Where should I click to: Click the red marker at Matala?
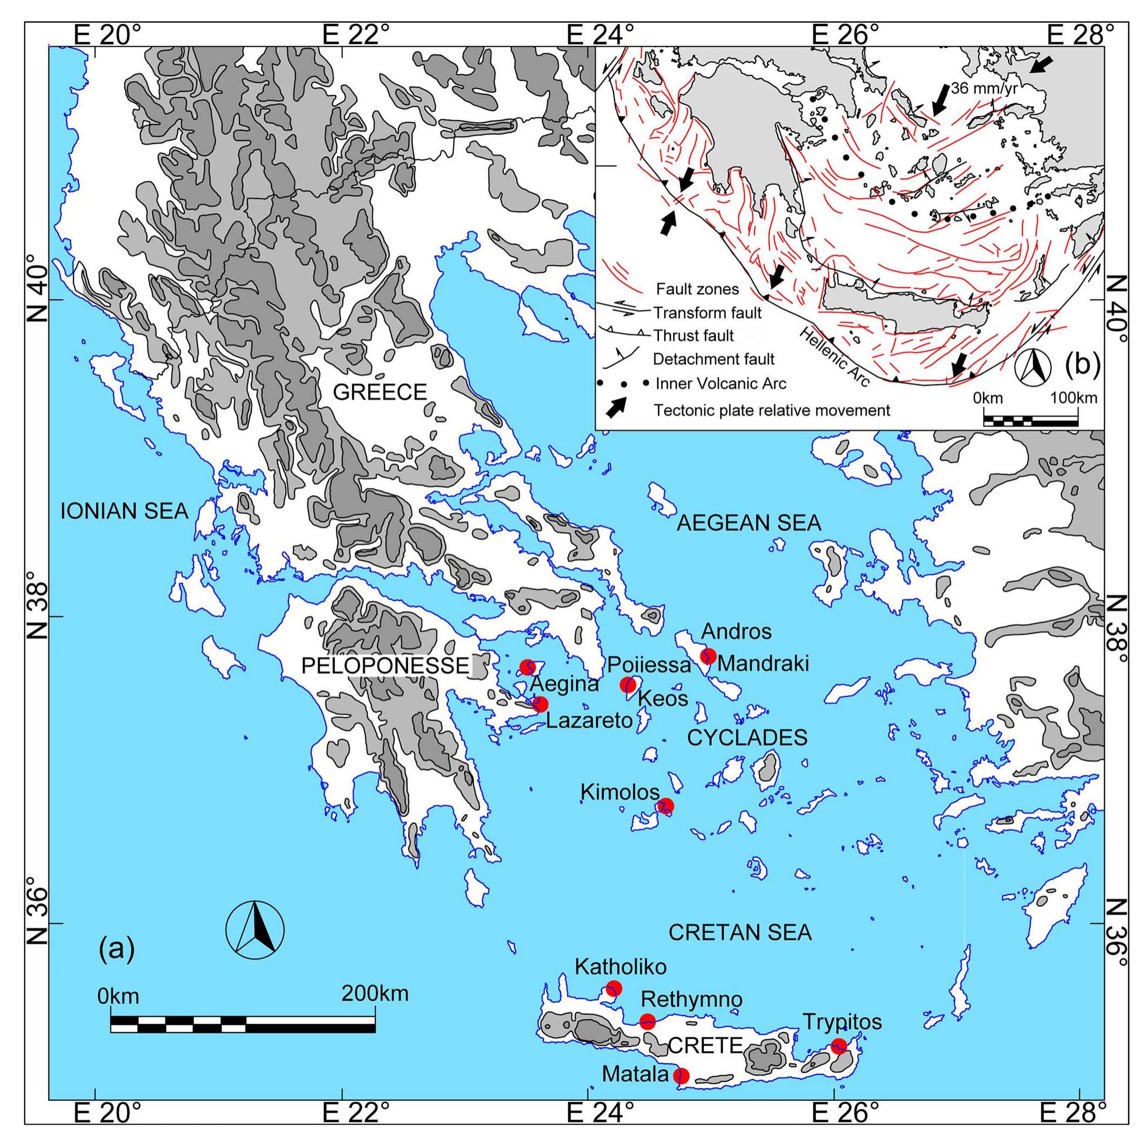coord(682,1075)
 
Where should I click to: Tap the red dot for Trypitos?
coord(838,1046)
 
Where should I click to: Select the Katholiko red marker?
coord(614,988)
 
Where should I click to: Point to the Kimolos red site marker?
coord(665,805)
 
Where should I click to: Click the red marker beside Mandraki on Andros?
coord(708,656)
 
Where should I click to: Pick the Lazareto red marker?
coord(540,704)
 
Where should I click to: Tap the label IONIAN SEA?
coord(124,511)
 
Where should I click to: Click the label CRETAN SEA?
coord(739,932)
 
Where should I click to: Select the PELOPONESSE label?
coord(385,666)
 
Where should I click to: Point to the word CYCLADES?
coord(746,737)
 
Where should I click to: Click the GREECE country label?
coord(380,392)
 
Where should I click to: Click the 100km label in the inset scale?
coord(1073,398)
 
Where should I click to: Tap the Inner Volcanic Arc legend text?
coord(721,384)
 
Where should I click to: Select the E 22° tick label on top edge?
coord(351,35)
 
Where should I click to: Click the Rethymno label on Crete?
coord(691,1000)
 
